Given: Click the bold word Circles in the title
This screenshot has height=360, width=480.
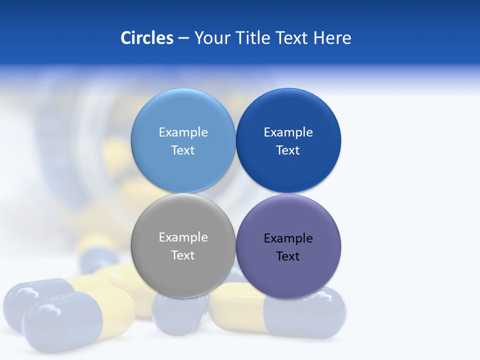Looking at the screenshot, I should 147,38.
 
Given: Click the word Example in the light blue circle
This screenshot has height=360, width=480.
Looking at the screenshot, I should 183,132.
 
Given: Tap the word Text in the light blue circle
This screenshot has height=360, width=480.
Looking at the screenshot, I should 183,150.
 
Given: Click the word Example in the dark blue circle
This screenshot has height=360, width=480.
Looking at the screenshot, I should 288,132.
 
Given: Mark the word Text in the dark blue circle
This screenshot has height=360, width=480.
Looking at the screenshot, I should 288,150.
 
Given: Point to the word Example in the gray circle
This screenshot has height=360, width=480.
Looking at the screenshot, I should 183,237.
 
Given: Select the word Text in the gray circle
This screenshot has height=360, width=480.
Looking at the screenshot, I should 183,255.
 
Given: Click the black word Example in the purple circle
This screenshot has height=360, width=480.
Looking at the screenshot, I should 288,238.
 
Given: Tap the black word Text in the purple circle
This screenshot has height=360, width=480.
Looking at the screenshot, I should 288,256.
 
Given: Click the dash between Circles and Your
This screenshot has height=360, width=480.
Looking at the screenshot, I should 183,38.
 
